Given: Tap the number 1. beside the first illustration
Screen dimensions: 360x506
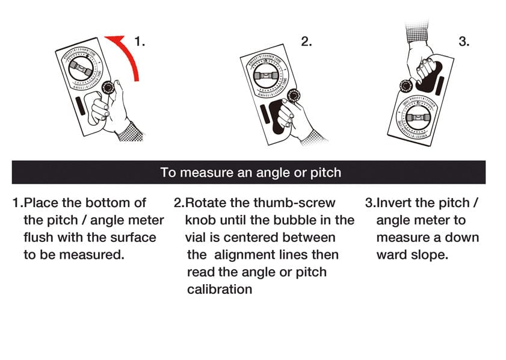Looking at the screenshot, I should pos(140,42).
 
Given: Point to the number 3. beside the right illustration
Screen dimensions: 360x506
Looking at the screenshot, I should pos(464,42).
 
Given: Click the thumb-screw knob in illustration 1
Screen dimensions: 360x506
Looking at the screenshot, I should pos(109,87).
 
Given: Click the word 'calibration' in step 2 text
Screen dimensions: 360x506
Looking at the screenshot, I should pos(219,289).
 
